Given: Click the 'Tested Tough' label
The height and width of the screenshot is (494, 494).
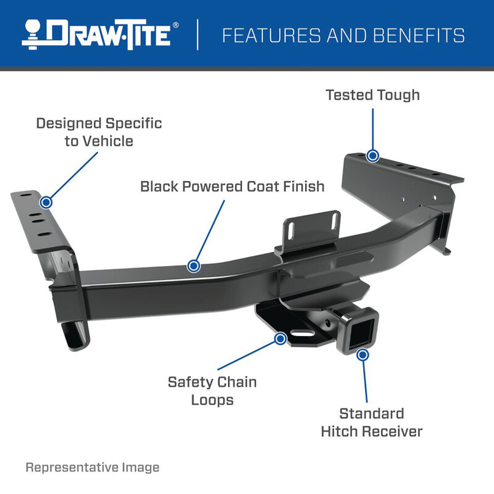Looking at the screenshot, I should coord(372,94).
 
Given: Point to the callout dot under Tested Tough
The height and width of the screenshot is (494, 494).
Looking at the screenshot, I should coord(372,155).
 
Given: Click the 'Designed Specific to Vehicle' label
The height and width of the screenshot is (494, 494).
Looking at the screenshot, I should coord(99,132).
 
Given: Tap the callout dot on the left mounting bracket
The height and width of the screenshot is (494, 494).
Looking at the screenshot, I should coord(46,202).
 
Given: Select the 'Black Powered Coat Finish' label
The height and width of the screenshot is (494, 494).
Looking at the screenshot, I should coord(232,186).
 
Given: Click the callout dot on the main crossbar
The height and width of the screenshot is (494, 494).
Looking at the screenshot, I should coord(193,266).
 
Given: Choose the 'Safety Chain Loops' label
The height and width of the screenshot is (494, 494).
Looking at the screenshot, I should coord(212,390).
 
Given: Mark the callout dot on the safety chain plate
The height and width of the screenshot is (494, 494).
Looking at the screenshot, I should coord(280,338).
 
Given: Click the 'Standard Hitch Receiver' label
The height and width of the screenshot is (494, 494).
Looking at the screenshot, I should coord(371,422).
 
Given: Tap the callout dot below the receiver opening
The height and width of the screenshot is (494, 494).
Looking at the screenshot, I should coord(362,354).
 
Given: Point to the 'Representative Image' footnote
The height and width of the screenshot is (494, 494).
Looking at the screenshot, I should coord(92,467).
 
